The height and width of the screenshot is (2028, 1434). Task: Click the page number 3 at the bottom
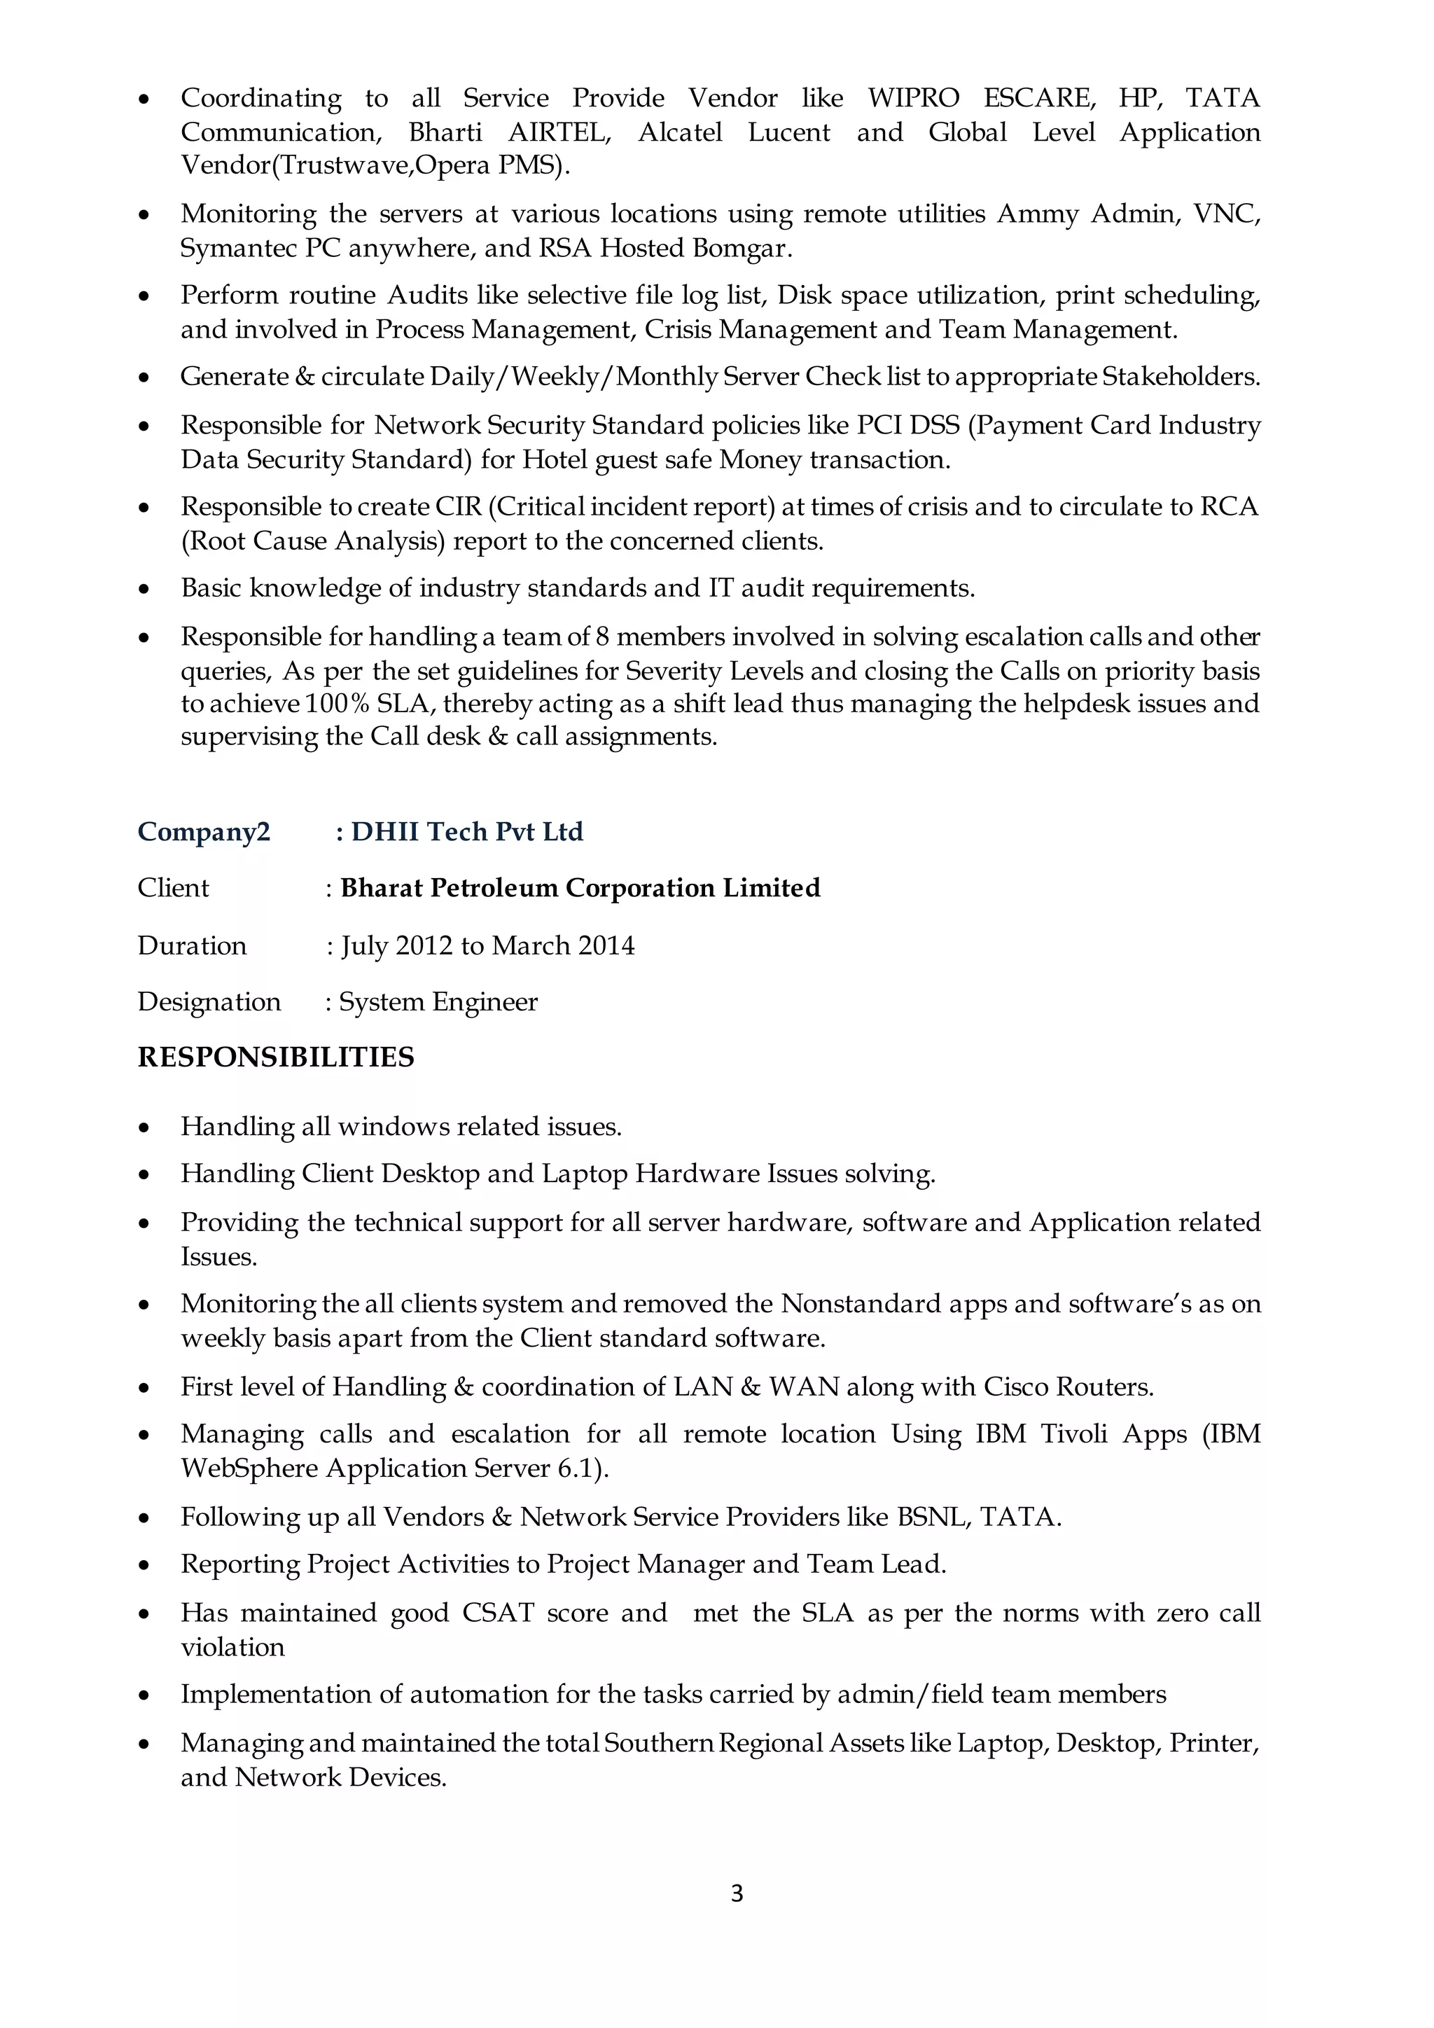(x=737, y=1893)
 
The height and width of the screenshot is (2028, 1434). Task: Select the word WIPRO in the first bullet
(x=913, y=97)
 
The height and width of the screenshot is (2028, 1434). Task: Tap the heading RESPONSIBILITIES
(x=275, y=1057)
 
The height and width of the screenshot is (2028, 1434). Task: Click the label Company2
(x=204, y=831)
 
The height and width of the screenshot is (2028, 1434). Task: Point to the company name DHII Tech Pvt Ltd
(x=467, y=831)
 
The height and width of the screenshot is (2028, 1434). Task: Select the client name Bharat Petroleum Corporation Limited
(x=580, y=888)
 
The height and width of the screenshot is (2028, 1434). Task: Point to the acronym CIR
(x=457, y=507)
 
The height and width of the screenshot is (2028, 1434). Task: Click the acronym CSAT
(x=498, y=1613)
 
